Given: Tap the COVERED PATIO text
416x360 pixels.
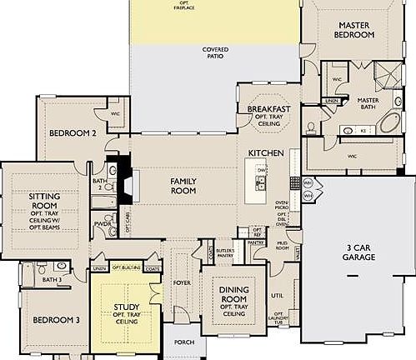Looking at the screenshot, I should pyautogui.click(x=215, y=52).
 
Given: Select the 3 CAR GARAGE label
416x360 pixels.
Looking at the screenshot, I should pyautogui.click(x=360, y=252).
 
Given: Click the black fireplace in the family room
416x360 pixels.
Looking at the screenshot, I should pyautogui.click(x=125, y=182).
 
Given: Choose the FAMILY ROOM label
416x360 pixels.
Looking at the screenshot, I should pyautogui.click(x=183, y=185).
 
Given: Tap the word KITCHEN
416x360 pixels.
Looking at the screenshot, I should pyautogui.click(x=266, y=154).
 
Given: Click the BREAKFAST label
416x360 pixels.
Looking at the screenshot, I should pyautogui.click(x=268, y=109).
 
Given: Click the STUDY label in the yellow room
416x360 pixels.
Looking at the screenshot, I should pyautogui.click(x=127, y=307).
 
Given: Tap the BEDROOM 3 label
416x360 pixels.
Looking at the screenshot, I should pyautogui.click(x=56, y=320).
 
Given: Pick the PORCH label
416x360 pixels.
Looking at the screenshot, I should pyautogui.click(x=183, y=342).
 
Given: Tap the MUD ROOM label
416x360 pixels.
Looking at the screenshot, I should pyautogui.click(x=282, y=246).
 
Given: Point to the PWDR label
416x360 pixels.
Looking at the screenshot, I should pyautogui.click(x=103, y=224).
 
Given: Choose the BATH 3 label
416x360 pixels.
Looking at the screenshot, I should pyautogui.click(x=52, y=280).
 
